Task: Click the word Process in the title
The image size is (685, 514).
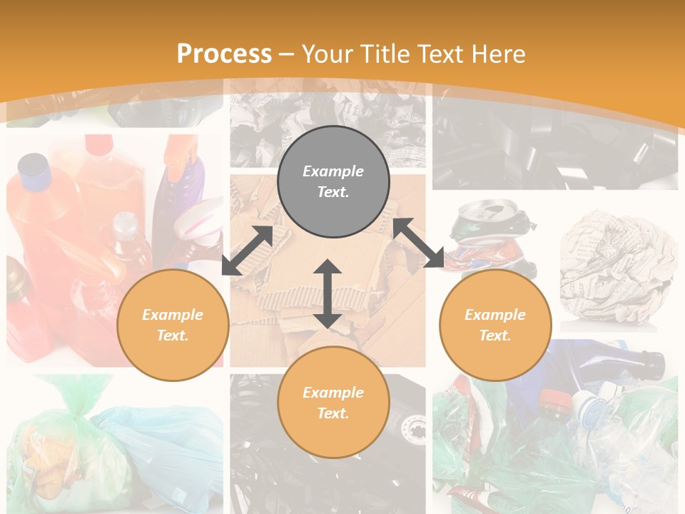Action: [224, 54]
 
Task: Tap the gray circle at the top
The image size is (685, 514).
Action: [333, 181]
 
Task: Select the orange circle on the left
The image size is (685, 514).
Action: [173, 325]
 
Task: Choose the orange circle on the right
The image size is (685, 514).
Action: [495, 325]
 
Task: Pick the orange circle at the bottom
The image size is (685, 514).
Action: [333, 402]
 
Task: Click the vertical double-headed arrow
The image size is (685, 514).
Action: [328, 293]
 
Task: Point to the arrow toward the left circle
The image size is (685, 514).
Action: [247, 251]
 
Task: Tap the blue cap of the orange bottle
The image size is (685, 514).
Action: [33, 166]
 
